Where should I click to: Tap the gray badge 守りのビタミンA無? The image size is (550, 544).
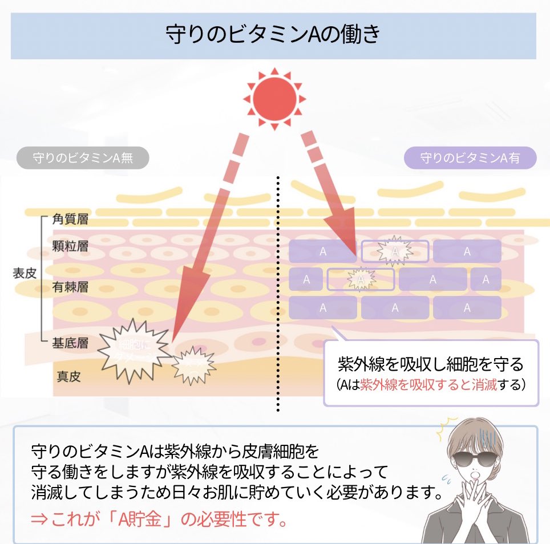(x=83, y=158)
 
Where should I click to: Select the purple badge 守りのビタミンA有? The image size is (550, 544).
(x=470, y=158)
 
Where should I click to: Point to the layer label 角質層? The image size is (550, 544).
(x=70, y=220)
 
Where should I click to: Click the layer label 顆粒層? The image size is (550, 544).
(x=70, y=246)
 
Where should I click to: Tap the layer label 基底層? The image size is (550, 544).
(x=70, y=343)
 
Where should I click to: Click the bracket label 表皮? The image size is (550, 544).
(x=25, y=273)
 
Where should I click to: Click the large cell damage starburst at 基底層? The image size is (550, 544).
(x=132, y=349)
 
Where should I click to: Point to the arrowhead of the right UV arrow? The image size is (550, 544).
(x=343, y=228)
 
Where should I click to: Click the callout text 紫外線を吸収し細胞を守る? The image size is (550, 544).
(x=431, y=364)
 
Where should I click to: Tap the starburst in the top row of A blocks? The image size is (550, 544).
(x=394, y=251)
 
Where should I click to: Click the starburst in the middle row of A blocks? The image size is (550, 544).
(x=360, y=279)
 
